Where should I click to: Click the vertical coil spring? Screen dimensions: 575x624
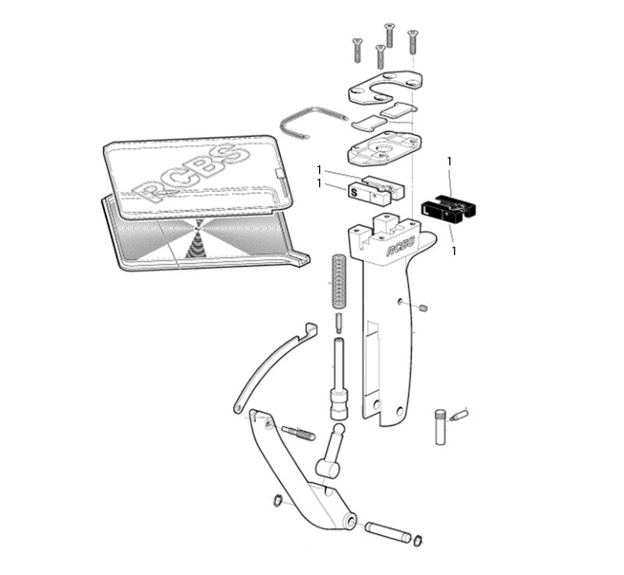point(339,280)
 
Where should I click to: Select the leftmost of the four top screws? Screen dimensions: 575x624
point(358,51)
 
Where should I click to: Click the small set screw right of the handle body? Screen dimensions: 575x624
point(423,307)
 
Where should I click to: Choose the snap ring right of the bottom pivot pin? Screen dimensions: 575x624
point(418,541)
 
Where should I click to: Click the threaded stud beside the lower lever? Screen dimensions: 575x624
point(298,432)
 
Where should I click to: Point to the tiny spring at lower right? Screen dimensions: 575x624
point(461,414)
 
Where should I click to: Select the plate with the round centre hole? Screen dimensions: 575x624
point(385,147)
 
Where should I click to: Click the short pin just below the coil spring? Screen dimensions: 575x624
point(339,321)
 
